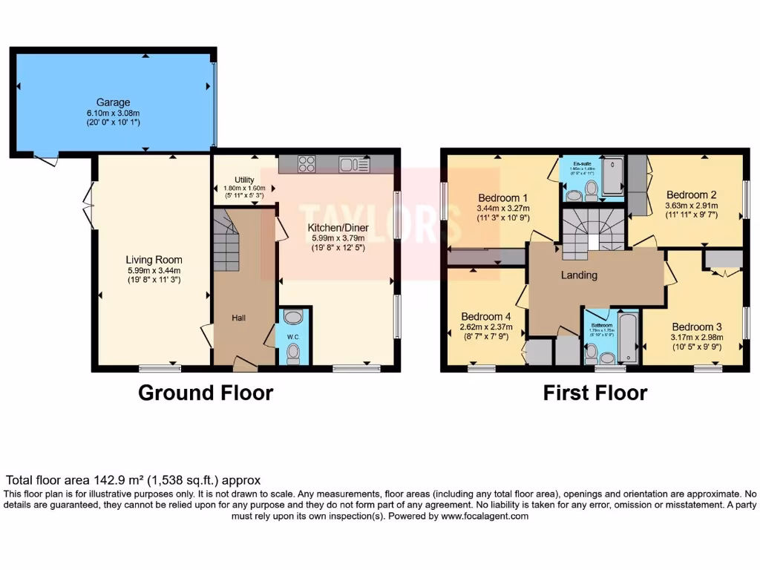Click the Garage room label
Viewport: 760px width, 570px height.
[x=113, y=102]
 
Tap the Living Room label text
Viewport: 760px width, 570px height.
[x=154, y=261]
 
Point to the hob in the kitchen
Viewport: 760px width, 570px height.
[x=307, y=164]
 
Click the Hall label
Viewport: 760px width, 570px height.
[x=238, y=318]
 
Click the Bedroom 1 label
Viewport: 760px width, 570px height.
[x=502, y=198]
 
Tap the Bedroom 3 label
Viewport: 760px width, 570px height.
[x=697, y=327]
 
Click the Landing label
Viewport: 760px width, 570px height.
[x=579, y=275]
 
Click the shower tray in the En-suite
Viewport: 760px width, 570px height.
[x=613, y=176]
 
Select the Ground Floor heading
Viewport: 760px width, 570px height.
[x=206, y=393]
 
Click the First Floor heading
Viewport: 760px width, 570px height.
[x=595, y=393]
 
